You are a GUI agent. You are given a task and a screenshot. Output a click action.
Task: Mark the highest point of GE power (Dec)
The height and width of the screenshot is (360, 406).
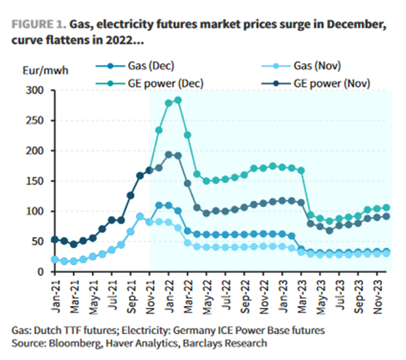[x=178, y=100]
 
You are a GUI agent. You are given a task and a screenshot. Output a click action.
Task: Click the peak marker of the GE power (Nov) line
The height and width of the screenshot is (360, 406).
[x=168, y=154]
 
